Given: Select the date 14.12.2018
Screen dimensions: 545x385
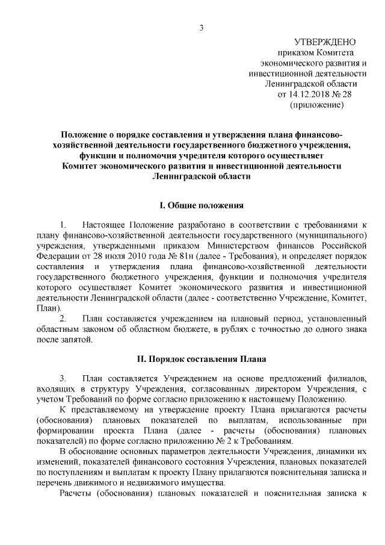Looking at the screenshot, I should click(309, 95).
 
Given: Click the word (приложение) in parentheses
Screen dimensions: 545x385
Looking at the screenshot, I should click(317, 105).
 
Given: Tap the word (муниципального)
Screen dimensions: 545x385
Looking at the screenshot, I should click(332, 235).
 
